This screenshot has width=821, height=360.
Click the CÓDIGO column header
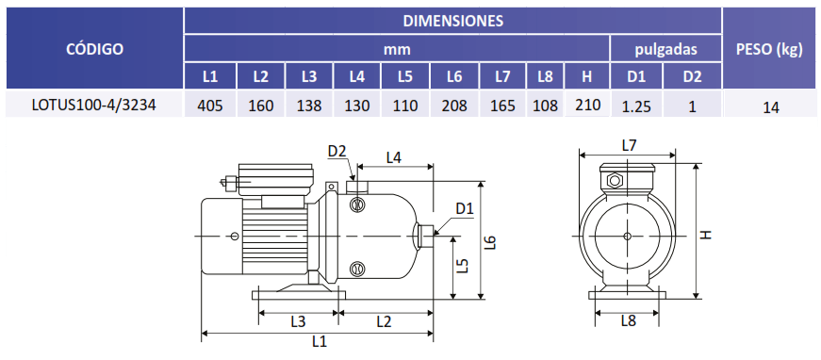click(95, 49)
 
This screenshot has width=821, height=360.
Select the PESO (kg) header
click(769, 49)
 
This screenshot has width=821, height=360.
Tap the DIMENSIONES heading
click(453, 21)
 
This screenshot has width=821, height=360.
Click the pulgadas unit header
click(666, 50)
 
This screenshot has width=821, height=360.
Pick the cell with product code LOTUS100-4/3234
click(93, 106)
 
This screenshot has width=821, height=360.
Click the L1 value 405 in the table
click(210, 106)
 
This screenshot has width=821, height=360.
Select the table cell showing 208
click(454, 106)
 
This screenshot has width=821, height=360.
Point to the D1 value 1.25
click(636, 106)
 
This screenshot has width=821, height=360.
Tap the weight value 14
click(771, 107)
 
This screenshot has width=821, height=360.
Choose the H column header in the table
click(587, 77)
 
